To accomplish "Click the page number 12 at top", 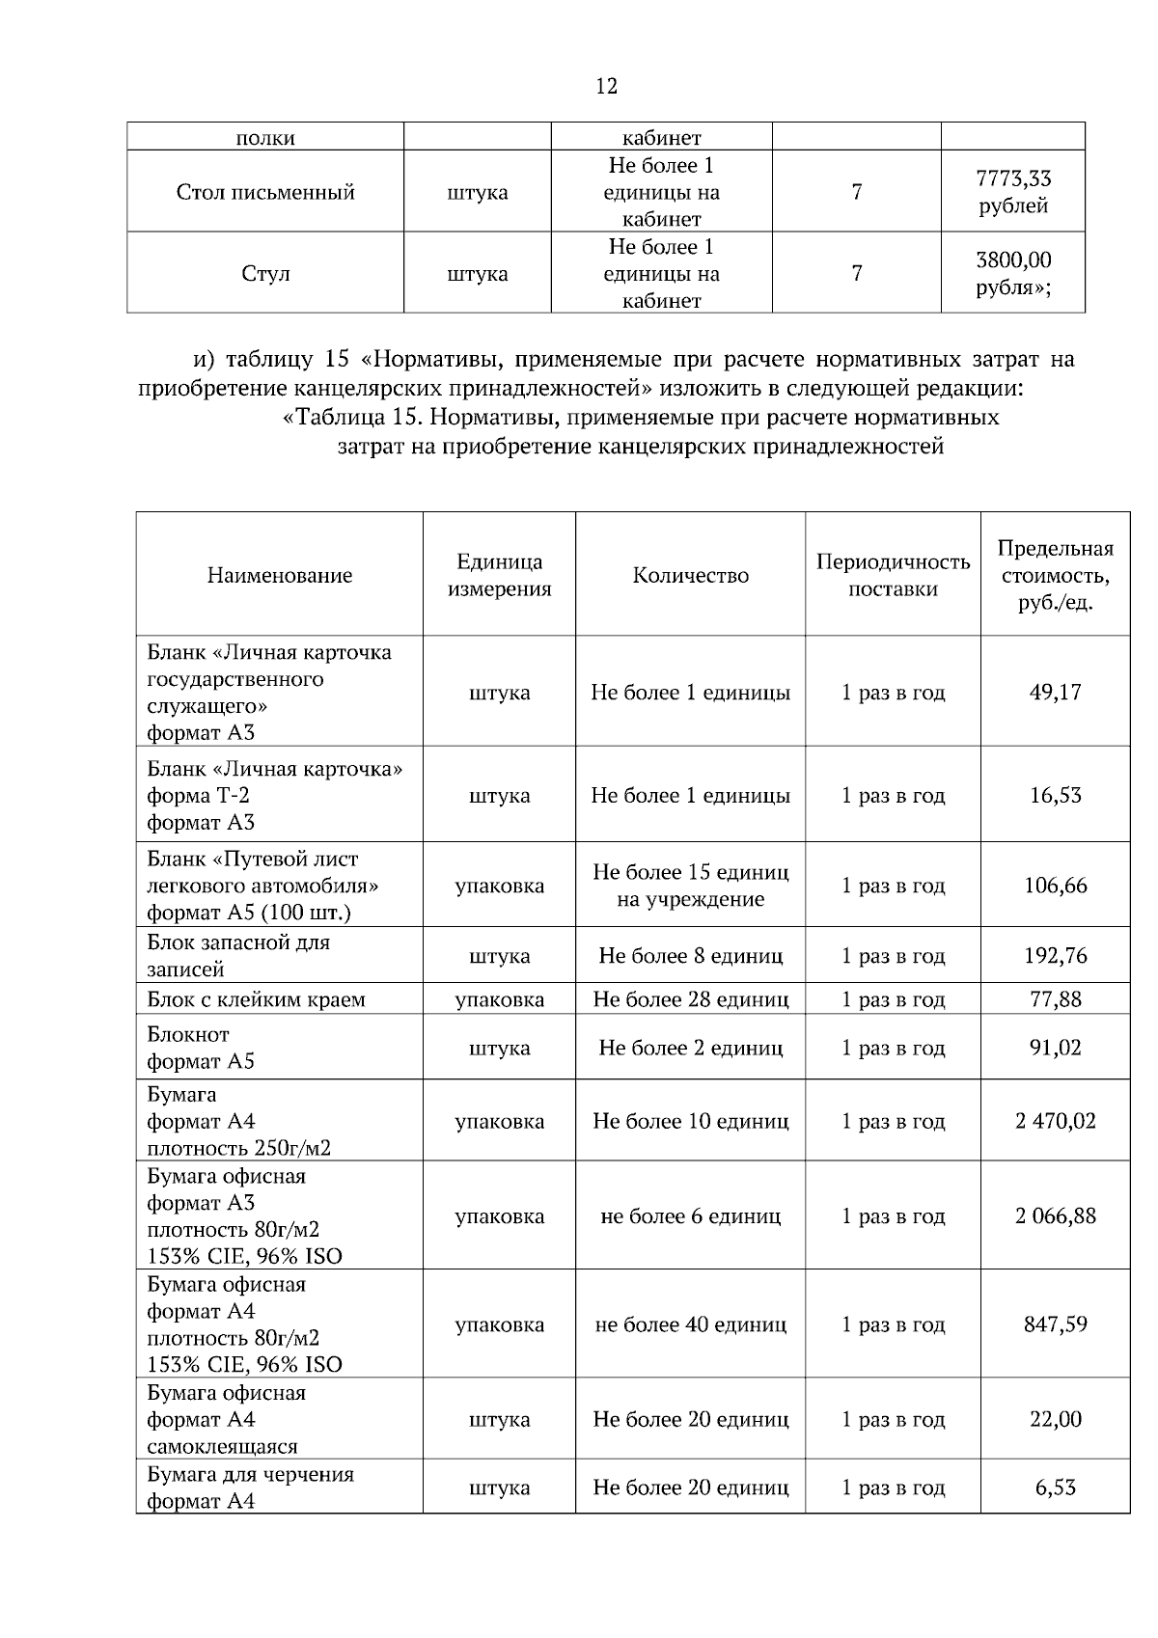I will pyautogui.click(x=606, y=86).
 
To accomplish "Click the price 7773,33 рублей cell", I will pyautogui.click(x=1012, y=192).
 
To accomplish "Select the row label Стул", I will pyautogui.click(x=265, y=274).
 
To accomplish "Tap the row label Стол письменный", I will pyautogui.click(x=265, y=192).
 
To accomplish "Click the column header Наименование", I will pyautogui.click(x=280, y=576).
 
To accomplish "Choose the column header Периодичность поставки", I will pyautogui.click(x=893, y=576).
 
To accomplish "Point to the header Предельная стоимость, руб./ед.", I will pyautogui.click(x=1055, y=576).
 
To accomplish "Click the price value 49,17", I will pyautogui.click(x=1055, y=693).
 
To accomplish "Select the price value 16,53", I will pyautogui.click(x=1055, y=796).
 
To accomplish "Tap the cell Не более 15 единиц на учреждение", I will pyautogui.click(x=690, y=886).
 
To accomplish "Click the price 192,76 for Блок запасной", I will pyautogui.click(x=1055, y=956).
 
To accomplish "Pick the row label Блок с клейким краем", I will pyautogui.click(x=256, y=999).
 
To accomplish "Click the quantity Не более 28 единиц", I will pyautogui.click(x=690, y=999).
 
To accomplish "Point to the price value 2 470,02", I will pyautogui.click(x=1055, y=1121).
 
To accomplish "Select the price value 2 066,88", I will pyautogui.click(x=1055, y=1215).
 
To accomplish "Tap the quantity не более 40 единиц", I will pyautogui.click(x=690, y=1324).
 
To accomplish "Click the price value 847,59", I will pyautogui.click(x=1055, y=1324).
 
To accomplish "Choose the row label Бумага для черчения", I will pyautogui.click(x=250, y=1475).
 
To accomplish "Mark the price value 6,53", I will pyautogui.click(x=1055, y=1488).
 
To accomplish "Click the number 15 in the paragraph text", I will pyautogui.click(x=336, y=361).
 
